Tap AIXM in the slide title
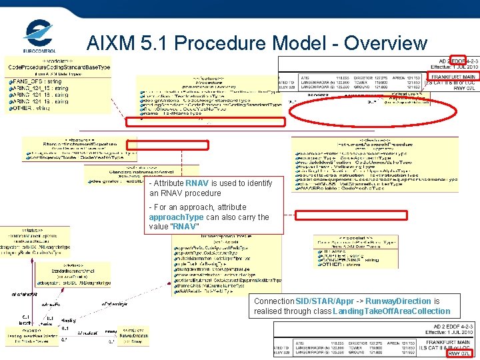pos(114,43)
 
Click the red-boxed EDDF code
pos(459,61)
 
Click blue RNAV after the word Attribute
pos(197,183)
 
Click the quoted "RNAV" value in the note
pos(185,227)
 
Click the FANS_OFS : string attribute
pos(37,81)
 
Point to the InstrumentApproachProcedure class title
pos(375,143)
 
